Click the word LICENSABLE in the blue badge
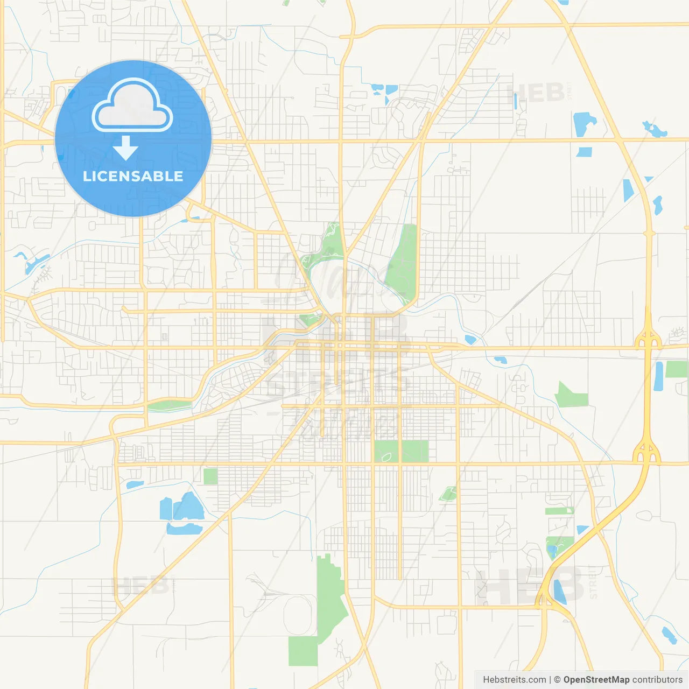tap(133, 176)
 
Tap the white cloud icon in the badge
tap(132, 108)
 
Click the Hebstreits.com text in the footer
tap(515, 680)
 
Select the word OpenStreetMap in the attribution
tap(596, 680)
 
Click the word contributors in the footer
tap(657, 680)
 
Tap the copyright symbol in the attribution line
tap(557, 680)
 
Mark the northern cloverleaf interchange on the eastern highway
tap(648, 341)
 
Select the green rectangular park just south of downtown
tap(401, 451)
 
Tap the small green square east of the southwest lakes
tap(210, 476)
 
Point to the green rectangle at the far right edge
tap(677, 369)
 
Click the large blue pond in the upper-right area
tap(583, 124)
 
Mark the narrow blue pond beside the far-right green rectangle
tap(659, 376)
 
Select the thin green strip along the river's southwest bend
tap(169, 405)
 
